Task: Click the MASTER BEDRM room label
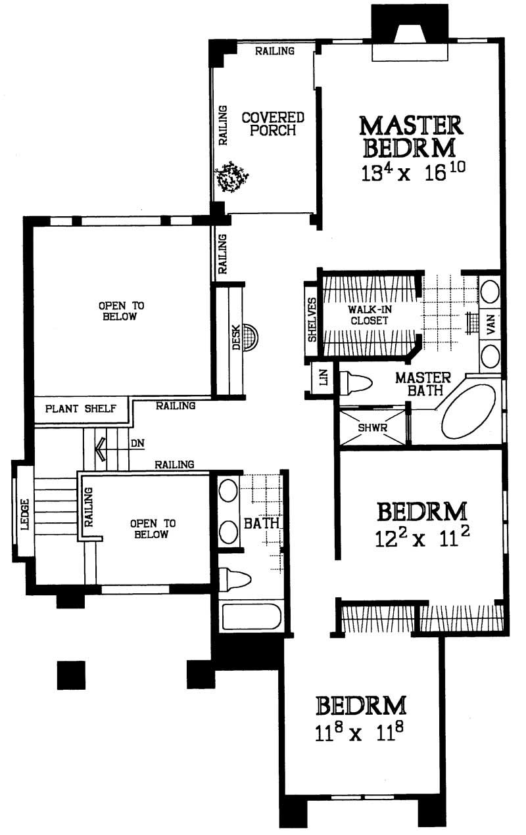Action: [x=412, y=136]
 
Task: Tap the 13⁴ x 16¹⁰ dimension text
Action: [x=412, y=172]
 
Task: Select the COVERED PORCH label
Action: [x=273, y=124]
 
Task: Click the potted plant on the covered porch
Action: [x=232, y=177]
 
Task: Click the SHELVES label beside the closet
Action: [x=312, y=321]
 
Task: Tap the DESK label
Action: [x=236, y=338]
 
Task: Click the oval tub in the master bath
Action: [x=468, y=411]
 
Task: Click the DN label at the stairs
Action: [x=137, y=443]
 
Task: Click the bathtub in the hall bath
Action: [x=252, y=618]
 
